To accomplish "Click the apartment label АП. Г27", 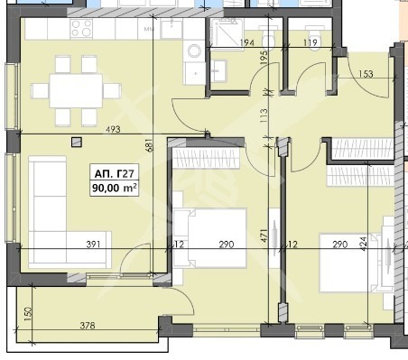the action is [114, 174].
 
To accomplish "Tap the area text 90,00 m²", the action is [115, 188].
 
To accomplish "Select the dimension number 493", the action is [113, 129].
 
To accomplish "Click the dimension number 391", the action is [94, 245].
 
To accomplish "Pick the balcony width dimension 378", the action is [88, 326].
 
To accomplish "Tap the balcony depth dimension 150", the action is [27, 314].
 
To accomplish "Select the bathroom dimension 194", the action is [247, 43].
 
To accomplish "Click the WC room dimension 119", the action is [311, 42].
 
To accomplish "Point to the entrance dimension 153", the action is [366, 74].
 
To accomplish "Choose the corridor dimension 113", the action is [263, 115].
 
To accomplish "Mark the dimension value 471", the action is [263, 236].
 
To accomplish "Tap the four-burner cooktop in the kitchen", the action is [81, 28].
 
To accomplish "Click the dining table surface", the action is [76, 90].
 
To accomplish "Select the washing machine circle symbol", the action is [194, 51].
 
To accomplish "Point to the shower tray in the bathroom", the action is [226, 33].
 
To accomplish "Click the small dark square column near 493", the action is [77, 143].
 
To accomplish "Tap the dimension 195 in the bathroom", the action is [264, 57].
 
